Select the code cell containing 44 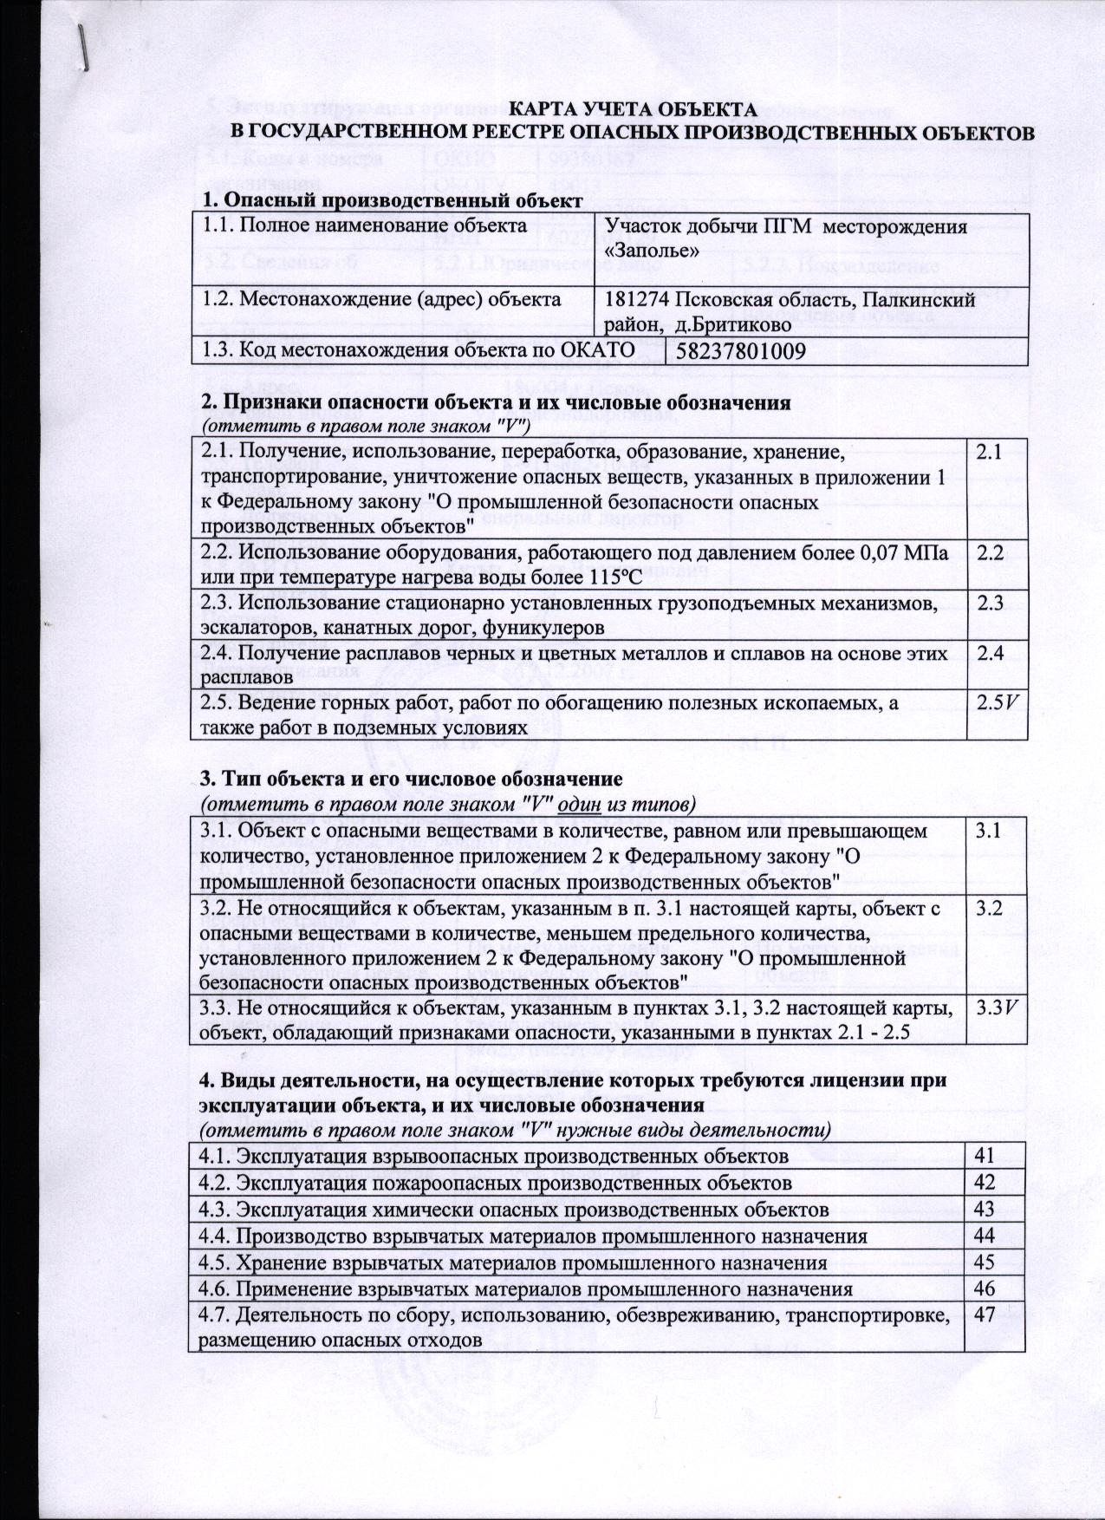(985, 1235)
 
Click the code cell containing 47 (985, 1314)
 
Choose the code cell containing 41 (985, 1155)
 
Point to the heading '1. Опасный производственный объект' (387, 201)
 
